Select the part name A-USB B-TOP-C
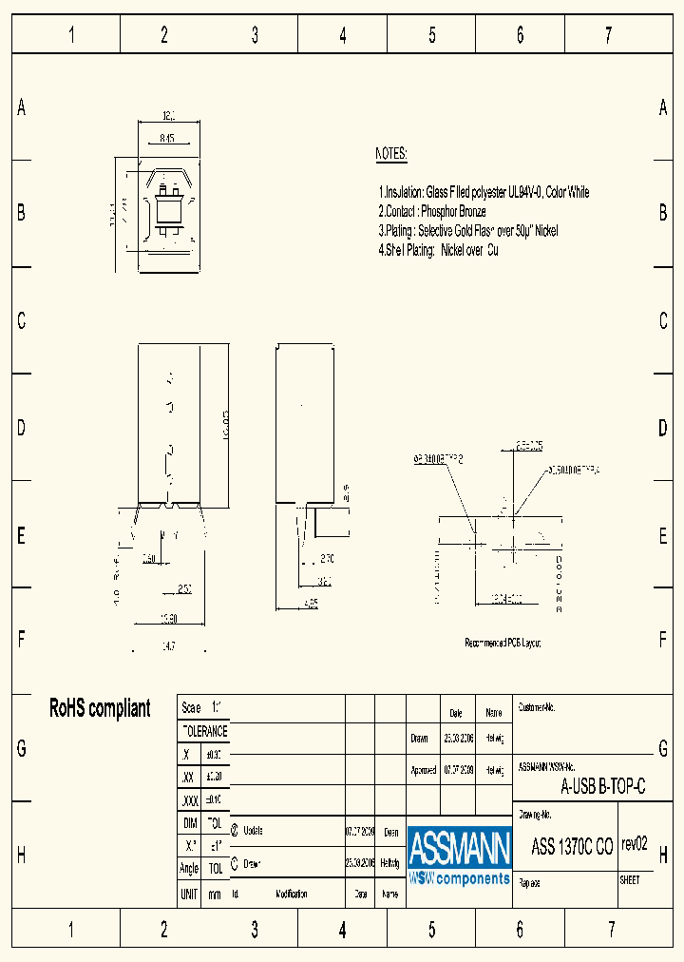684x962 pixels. pos(603,786)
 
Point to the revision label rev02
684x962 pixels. pos(634,843)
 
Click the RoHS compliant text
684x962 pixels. pos(100,708)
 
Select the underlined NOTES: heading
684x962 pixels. pos(391,154)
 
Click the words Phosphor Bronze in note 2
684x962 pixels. pos(453,211)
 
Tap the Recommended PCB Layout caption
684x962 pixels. pos(503,644)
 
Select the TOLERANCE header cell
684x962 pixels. pos(204,731)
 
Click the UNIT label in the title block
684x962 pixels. pos(189,895)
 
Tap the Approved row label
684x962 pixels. pos(423,770)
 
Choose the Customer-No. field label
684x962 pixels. pos(537,708)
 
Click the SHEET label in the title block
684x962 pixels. pos(630,880)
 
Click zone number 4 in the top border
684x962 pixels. pos(343,36)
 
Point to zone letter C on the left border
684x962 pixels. pos(21,321)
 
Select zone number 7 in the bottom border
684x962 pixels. pos(611,929)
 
